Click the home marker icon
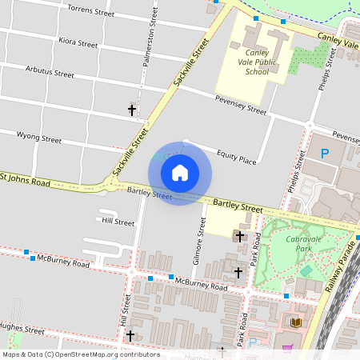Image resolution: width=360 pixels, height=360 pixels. (x=180, y=172)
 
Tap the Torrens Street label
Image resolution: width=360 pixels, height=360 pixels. (x=91, y=12)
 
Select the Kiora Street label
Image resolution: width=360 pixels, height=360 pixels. (x=78, y=42)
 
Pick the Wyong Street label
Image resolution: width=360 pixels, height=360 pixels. (x=38, y=138)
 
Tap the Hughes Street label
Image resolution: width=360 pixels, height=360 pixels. (x=22, y=329)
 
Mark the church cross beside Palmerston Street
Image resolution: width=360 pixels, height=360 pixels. (x=132, y=109)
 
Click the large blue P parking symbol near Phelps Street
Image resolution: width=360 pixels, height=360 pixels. (x=325, y=153)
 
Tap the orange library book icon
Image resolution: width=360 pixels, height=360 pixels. (x=296, y=322)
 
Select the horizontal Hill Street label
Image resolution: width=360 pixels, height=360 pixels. (x=118, y=222)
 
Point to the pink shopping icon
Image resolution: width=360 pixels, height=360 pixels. (x=287, y=348)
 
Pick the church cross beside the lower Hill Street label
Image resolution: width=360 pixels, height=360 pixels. (x=130, y=335)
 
